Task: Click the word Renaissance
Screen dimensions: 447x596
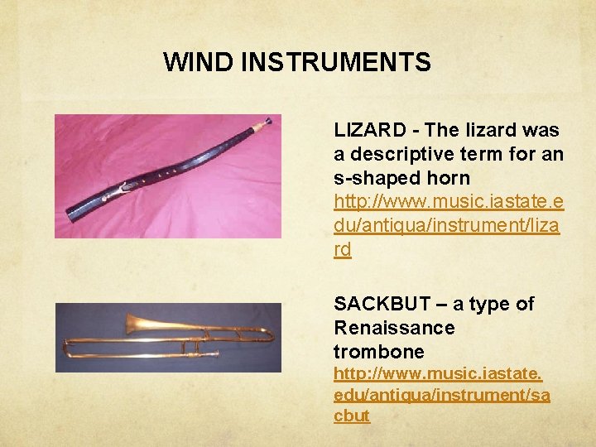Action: pos(394,327)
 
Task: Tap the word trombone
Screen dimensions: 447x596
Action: pos(378,351)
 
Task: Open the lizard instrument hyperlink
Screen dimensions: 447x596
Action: pos(447,224)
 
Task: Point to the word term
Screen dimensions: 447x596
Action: pos(487,154)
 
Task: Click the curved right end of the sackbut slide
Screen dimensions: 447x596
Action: pos(269,335)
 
